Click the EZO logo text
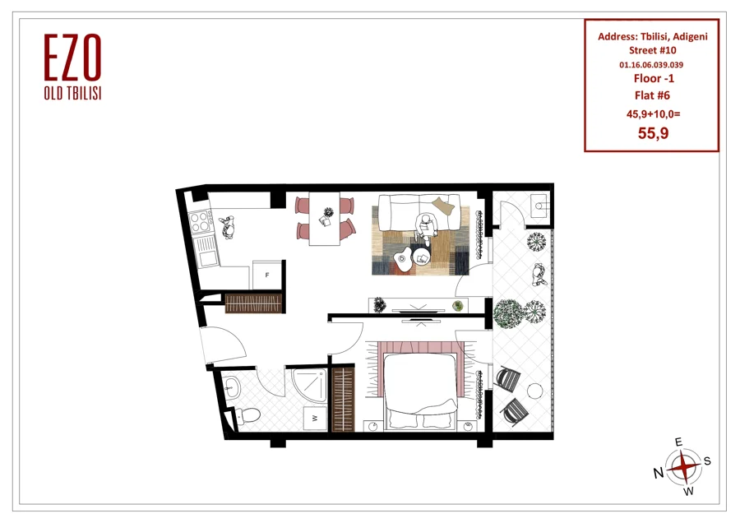coord(72,58)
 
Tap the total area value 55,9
coord(653,133)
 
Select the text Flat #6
coord(652,95)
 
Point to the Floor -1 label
coord(654,78)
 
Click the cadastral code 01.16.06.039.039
coord(651,65)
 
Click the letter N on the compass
coord(659,473)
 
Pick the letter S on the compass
coord(707,461)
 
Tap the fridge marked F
coord(267,274)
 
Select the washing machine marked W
coord(314,418)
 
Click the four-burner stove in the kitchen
coord(199,221)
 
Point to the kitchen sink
coord(206,251)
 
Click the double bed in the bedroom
coord(420,387)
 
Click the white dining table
coord(325,218)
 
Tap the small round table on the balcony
coord(534,391)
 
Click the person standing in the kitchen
coord(227,228)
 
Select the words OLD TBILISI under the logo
coord(72,94)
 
